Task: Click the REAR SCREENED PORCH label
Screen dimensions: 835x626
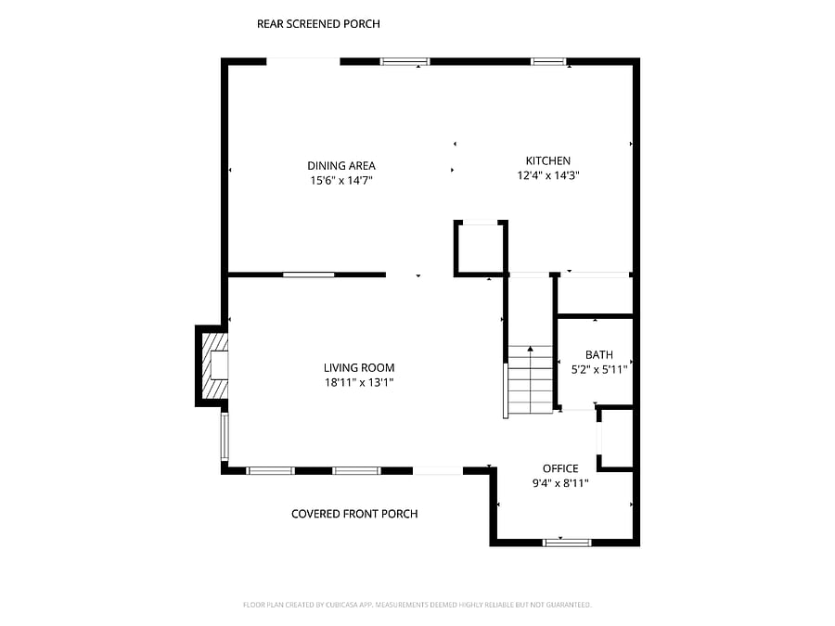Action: pyautogui.click(x=318, y=24)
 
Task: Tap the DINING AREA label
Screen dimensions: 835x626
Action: pyautogui.click(x=341, y=166)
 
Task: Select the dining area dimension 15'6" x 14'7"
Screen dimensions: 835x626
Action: pyautogui.click(x=341, y=181)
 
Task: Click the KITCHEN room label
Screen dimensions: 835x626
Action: pyautogui.click(x=548, y=160)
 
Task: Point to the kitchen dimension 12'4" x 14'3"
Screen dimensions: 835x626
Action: pyautogui.click(x=548, y=175)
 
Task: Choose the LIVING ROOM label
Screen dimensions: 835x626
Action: pyautogui.click(x=359, y=367)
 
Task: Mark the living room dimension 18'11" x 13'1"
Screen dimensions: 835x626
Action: pyautogui.click(x=359, y=382)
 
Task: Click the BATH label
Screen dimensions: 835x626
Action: pyautogui.click(x=599, y=354)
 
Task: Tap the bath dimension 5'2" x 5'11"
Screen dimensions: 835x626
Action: pyautogui.click(x=599, y=369)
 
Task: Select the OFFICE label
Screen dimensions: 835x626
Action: pyautogui.click(x=560, y=468)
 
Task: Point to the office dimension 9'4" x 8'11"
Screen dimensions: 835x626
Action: pyautogui.click(x=560, y=483)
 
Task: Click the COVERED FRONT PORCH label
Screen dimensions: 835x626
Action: pyautogui.click(x=354, y=514)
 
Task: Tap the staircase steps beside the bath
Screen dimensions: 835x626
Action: pyautogui.click(x=531, y=380)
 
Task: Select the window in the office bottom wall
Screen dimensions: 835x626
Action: pyautogui.click(x=567, y=543)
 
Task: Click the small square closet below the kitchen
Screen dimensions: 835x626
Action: pyautogui.click(x=481, y=248)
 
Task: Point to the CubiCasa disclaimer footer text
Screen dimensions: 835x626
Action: pyautogui.click(x=417, y=605)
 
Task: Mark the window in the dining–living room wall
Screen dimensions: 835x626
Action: pyautogui.click(x=308, y=275)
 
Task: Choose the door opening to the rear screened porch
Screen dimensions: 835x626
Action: pyautogui.click(x=303, y=61)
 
